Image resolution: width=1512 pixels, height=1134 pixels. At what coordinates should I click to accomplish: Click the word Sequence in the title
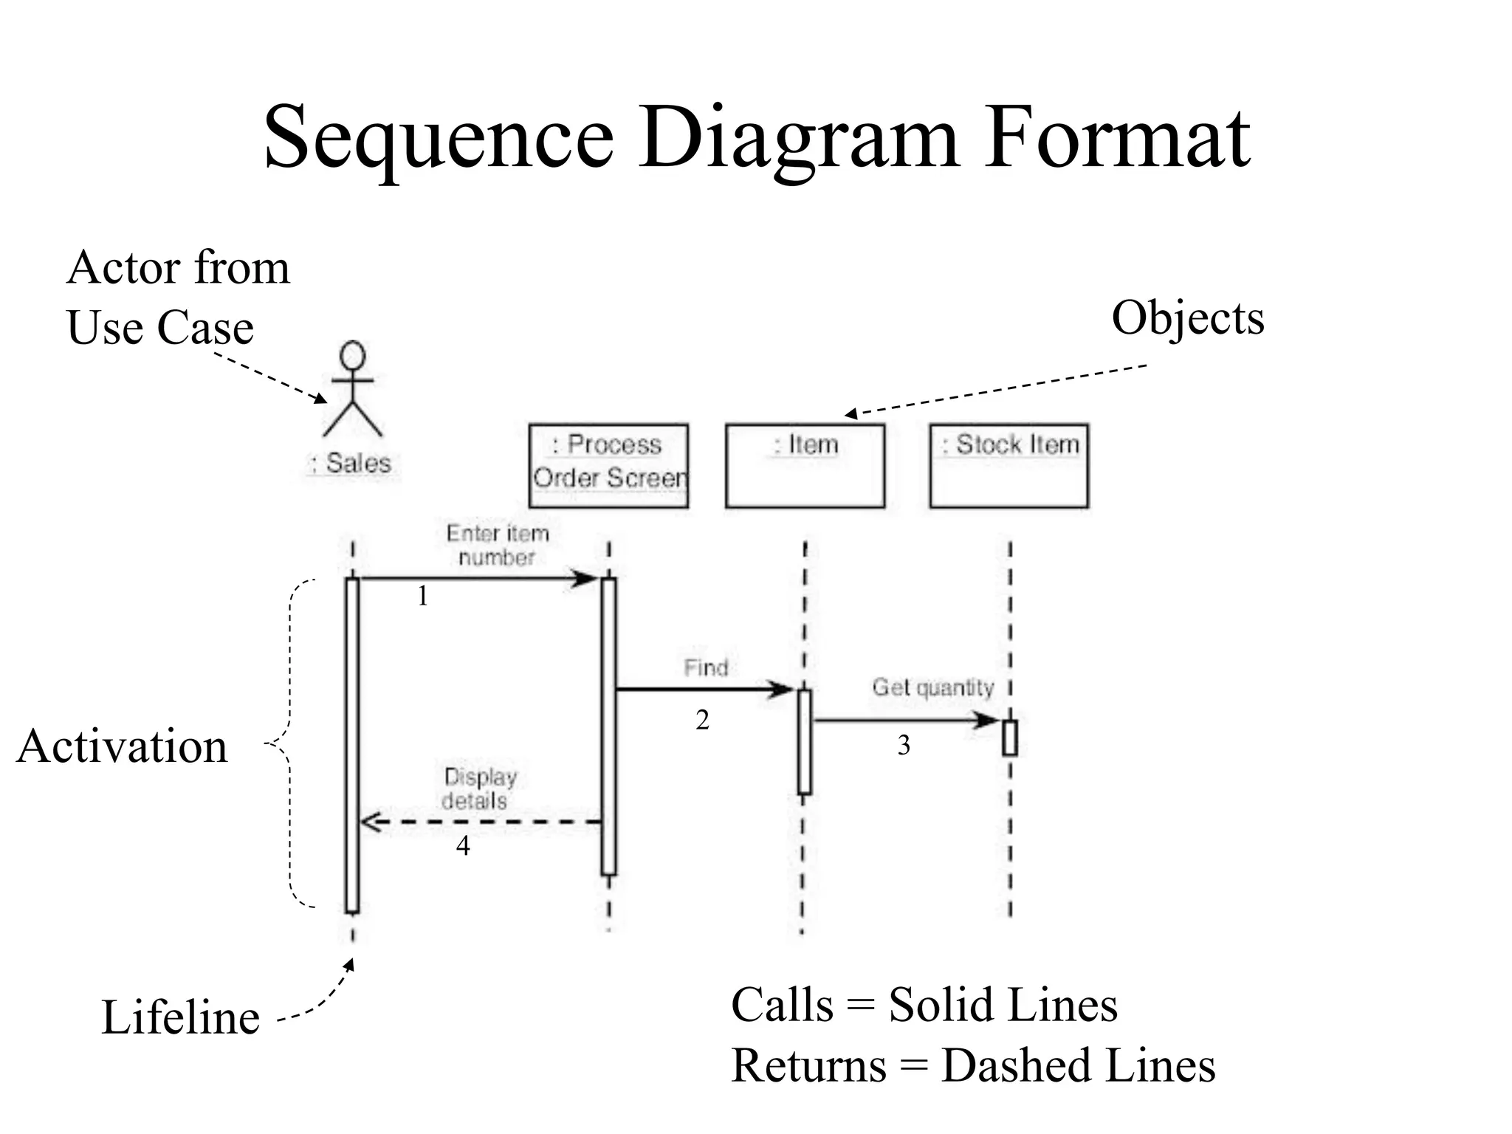(439, 139)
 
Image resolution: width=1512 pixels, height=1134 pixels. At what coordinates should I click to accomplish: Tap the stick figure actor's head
(353, 355)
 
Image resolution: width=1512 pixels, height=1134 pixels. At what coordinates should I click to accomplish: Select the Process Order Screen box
(608, 465)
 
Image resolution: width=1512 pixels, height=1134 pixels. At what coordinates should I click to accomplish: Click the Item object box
(805, 465)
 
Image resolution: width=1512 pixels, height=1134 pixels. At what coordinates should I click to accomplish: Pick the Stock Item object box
(1008, 465)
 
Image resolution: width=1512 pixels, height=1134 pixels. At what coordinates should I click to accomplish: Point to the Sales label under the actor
(351, 463)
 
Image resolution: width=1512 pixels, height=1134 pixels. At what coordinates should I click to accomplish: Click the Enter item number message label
(497, 545)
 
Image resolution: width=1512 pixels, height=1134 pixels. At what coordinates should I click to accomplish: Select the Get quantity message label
(932, 687)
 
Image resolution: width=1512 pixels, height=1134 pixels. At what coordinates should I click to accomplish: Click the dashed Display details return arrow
(480, 822)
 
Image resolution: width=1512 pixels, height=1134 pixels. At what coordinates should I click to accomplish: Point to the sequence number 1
(422, 596)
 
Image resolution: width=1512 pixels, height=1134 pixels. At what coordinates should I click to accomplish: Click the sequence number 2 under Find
(702, 720)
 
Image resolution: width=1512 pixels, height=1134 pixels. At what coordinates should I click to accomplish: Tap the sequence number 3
(904, 746)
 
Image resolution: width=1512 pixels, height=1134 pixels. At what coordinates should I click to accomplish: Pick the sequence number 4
(463, 845)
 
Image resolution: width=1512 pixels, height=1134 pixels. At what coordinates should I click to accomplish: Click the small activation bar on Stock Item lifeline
(1009, 738)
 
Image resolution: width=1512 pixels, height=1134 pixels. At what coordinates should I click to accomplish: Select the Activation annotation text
(123, 746)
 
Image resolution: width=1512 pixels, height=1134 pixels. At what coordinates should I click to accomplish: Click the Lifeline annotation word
(180, 1017)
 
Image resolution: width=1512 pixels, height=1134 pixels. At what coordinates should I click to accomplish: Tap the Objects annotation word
(1187, 318)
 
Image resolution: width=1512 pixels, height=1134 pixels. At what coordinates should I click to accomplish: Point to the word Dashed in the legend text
(1017, 1065)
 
